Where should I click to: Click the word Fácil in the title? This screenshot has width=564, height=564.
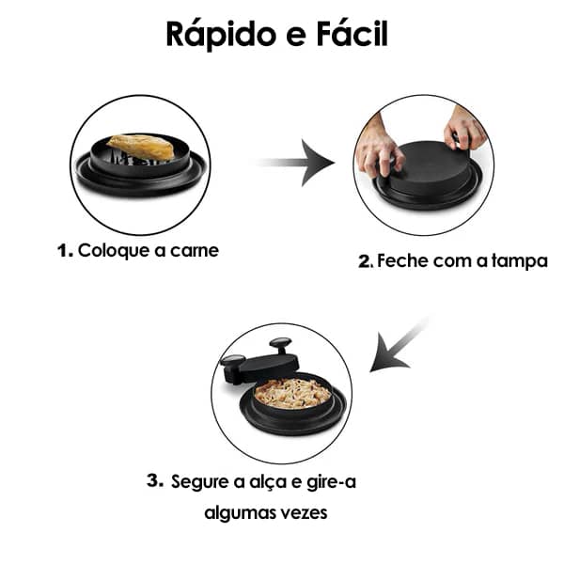(x=352, y=35)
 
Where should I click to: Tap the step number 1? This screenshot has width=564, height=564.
(x=64, y=251)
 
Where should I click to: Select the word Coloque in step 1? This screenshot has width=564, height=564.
(x=112, y=251)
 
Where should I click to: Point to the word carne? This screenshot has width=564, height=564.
(x=196, y=251)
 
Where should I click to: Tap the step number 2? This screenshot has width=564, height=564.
(x=366, y=262)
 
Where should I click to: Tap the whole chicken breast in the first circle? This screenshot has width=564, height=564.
(x=141, y=147)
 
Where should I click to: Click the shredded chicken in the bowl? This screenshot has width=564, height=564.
(x=292, y=392)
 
